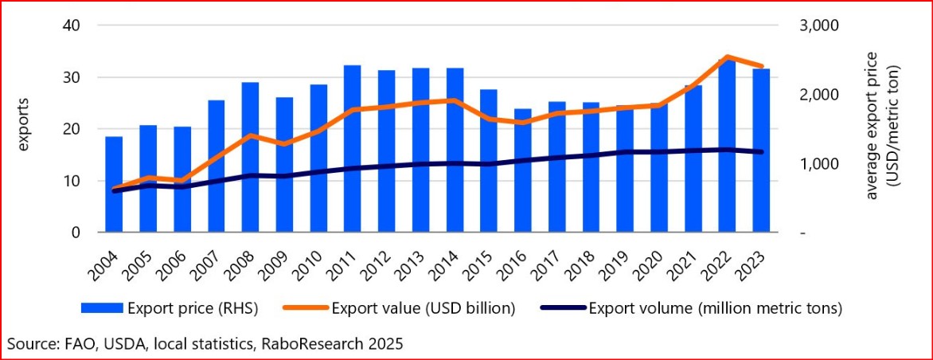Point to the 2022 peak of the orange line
[727, 57]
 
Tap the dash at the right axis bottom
[803, 233]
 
